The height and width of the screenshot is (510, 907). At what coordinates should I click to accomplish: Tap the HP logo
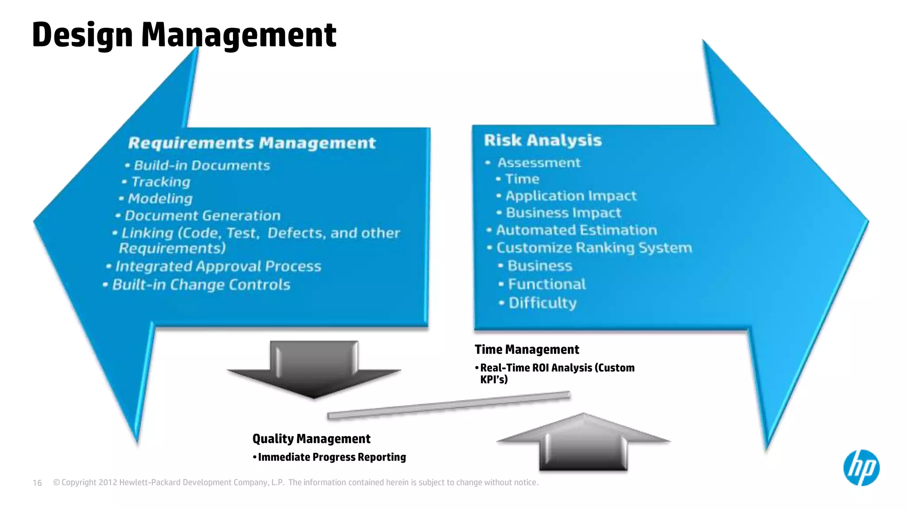click(861, 467)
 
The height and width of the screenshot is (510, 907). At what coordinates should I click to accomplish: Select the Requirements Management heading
click(252, 143)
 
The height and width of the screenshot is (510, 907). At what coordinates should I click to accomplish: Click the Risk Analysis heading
click(543, 140)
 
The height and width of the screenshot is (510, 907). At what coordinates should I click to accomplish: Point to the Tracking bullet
click(161, 182)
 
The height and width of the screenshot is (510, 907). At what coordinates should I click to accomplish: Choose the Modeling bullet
click(160, 199)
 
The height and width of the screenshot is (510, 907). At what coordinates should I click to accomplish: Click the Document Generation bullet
click(202, 216)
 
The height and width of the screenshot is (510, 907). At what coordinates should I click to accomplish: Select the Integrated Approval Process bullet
click(218, 267)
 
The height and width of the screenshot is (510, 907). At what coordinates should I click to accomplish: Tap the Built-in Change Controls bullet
click(201, 285)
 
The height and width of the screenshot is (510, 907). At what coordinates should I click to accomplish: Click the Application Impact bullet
click(570, 196)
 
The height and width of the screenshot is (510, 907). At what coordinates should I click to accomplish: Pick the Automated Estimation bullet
click(576, 230)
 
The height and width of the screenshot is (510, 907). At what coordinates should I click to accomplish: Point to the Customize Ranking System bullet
click(593, 248)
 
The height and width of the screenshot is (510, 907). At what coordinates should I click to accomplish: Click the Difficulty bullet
click(542, 303)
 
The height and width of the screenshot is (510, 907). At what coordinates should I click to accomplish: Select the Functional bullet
click(547, 284)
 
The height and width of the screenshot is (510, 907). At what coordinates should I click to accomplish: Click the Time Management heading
click(527, 350)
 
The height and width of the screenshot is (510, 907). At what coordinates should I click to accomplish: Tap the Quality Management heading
click(311, 439)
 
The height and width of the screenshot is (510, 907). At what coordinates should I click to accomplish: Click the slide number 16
click(37, 483)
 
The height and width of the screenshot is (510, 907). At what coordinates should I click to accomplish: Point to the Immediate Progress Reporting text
click(332, 457)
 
